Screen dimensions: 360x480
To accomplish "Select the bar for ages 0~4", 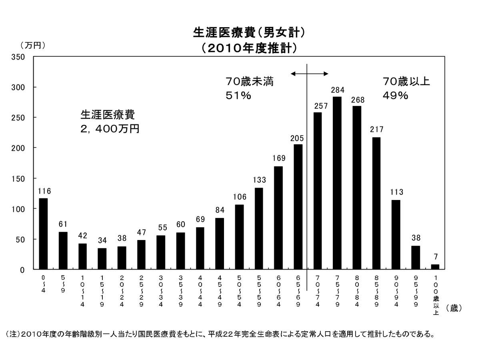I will pyautogui.click(x=43, y=234).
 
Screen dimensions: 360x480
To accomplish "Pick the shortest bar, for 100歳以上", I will pyautogui.click(x=435, y=267).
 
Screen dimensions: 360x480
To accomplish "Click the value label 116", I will pyautogui.click(x=44, y=191).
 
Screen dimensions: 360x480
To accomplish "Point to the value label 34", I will pyautogui.click(x=102, y=241).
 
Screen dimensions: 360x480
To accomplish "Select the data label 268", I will pyautogui.click(x=356, y=99).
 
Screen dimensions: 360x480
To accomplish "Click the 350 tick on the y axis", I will pyautogui.click(x=20, y=57).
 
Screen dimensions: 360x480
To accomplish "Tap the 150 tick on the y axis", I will pyautogui.click(x=20, y=178).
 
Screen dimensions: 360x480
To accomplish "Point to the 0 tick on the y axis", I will pyautogui.click(x=23, y=270).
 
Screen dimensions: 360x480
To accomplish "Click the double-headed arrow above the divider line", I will pyautogui.click(x=310, y=74).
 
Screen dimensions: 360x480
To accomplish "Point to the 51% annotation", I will pyautogui.click(x=238, y=96).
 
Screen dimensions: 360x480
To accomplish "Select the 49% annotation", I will pyautogui.click(x=395, y=96).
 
